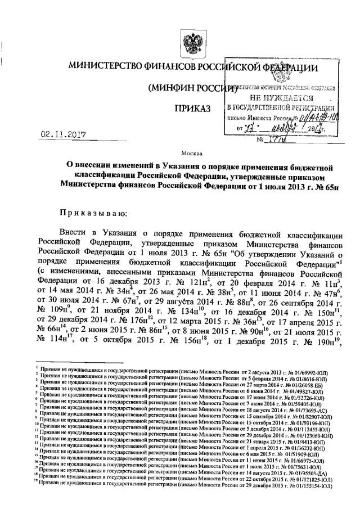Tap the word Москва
click(190, 152)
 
